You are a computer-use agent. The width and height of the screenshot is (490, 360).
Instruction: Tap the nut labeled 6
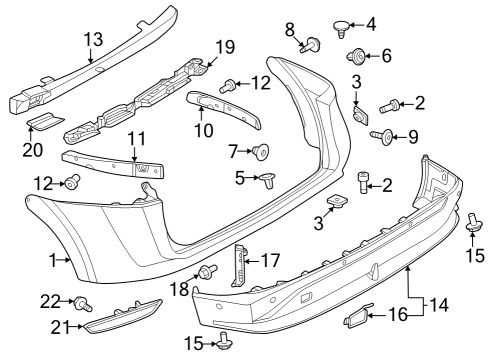tap(355, 54)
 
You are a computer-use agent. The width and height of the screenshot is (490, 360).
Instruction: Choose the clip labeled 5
tap(270, 181)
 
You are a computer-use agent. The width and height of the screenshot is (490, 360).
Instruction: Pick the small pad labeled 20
tap(44, 120)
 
